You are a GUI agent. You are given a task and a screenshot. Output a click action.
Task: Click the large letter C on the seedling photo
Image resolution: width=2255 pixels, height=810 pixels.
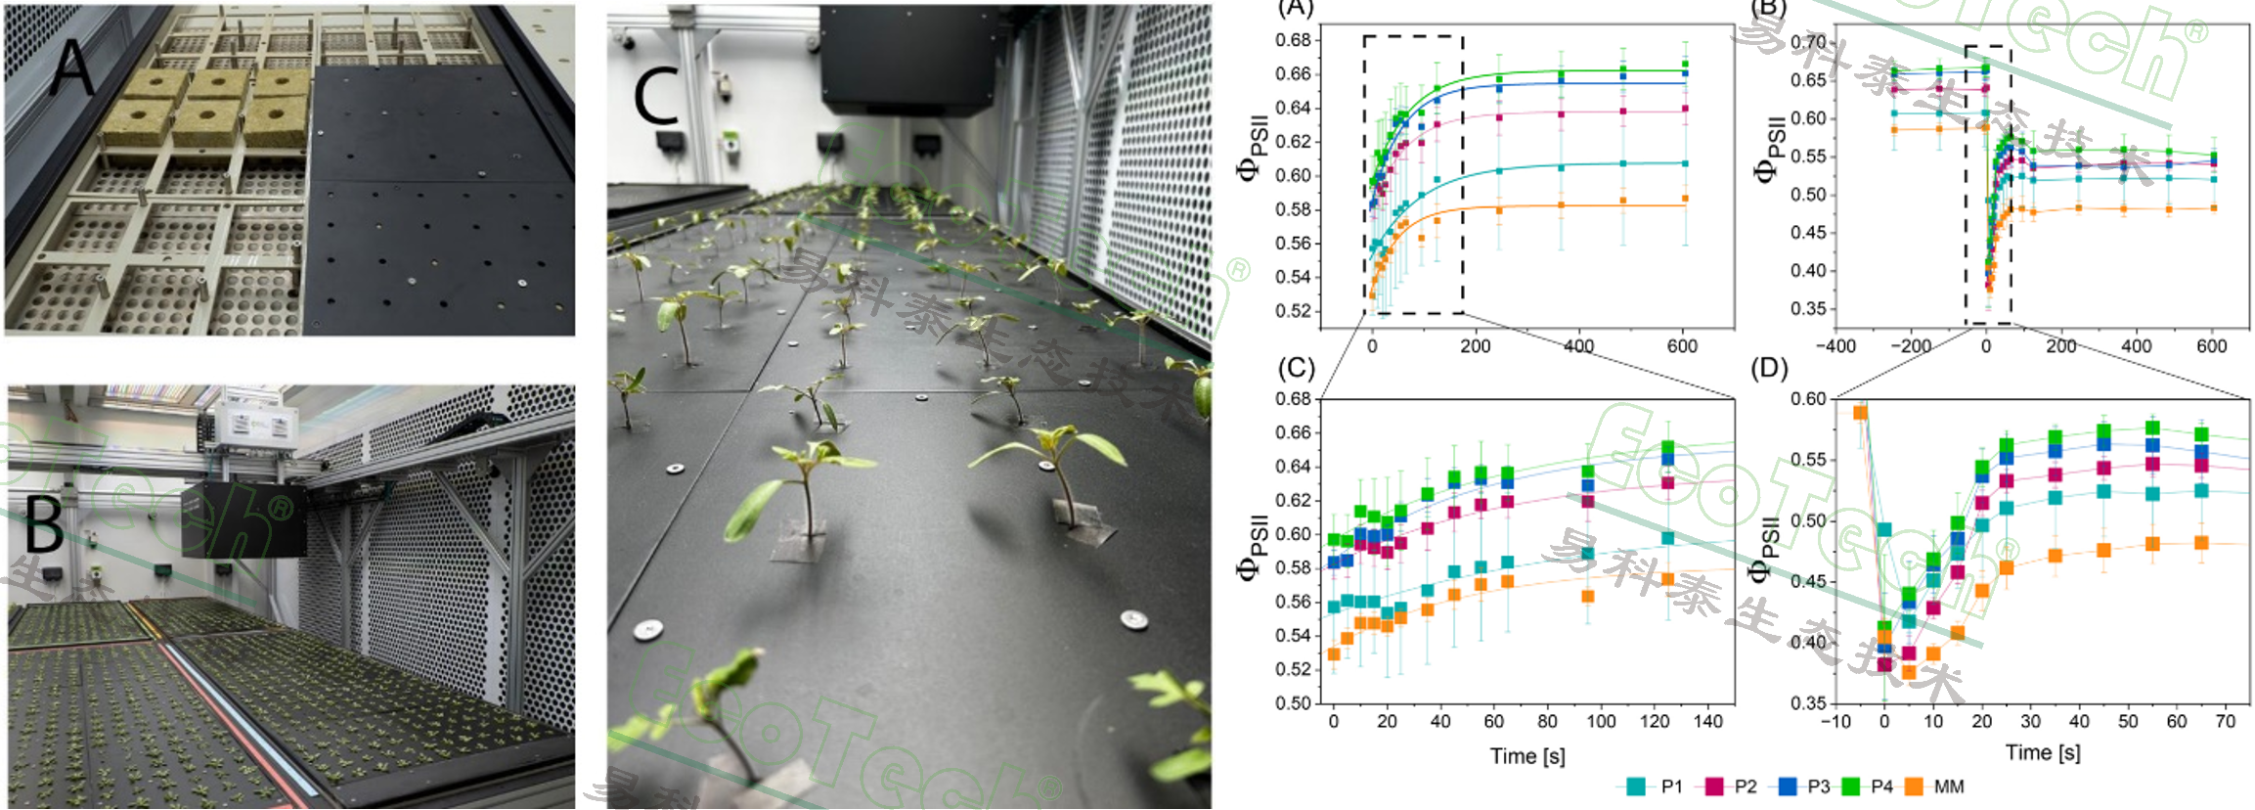pos(655,97)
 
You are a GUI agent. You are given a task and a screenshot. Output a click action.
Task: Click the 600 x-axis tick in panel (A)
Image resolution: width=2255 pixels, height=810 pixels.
pos(1682,346)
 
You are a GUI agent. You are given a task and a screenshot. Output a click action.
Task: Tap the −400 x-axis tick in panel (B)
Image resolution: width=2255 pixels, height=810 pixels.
pos(1835,346)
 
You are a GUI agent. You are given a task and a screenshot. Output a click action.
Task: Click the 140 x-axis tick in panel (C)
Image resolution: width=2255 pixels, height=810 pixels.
pos(1707,722)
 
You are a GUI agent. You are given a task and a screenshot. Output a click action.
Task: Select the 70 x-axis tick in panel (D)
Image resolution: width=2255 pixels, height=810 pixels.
pos(2226,722)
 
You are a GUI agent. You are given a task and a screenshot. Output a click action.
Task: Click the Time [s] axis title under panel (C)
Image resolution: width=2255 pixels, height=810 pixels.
pos(1527,756)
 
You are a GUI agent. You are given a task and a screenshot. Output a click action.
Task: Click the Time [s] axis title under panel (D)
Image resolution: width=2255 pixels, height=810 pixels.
pos(2043,753)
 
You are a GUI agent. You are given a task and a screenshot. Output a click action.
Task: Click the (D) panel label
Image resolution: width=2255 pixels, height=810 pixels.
pos(1769,369)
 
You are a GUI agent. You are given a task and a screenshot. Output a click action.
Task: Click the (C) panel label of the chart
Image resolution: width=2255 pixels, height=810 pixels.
pos(1297,368)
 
